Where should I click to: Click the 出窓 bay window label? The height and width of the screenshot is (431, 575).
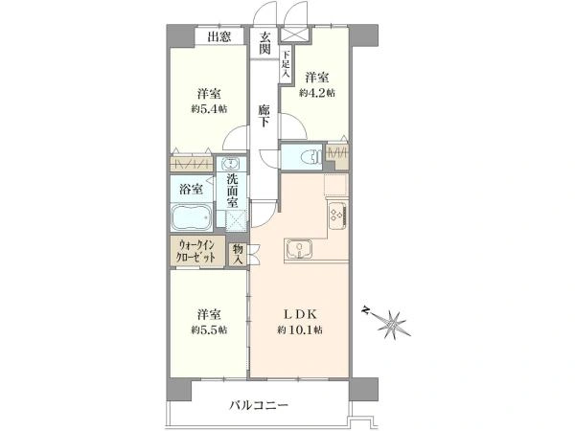pyautogui.click(x=218, y=36)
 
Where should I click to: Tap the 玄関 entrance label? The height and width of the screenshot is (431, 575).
pyautogui.click(x=264, y=43)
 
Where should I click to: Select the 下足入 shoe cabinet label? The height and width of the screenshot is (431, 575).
pyautogui.click(x=286, y=64)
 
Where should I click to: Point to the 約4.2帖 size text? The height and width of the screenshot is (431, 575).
pyautogui.click(x=317, y=93)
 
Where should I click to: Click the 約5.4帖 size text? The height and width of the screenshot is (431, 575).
pyautogui.click(x=209, y=109)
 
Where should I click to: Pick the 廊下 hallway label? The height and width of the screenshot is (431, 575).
pyautogui.click(x=264, y=116)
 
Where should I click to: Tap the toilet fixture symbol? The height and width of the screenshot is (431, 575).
pyautogui.click(x=310, y=157)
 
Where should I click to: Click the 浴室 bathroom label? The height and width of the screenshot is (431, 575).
pyautogui.click(x=191, y=189)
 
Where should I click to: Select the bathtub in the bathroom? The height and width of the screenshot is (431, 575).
pyautogui.click(x=192, y=217)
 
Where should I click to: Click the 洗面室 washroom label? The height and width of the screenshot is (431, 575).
pyautogui.click(x=232, y=191)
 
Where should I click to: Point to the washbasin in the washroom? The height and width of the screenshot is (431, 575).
pyautogui.click(x=231, y=164)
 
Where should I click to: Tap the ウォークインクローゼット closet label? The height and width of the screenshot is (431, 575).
pyautogui.click(x=196, y=251)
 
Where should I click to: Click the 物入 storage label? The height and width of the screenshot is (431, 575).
pyautogui.click(x=238, y=255)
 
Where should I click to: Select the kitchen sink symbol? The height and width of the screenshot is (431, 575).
pyautogui.click(x=299, y=249)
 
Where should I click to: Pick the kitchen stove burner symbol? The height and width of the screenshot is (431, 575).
pyautogui.click(x=337, y=215)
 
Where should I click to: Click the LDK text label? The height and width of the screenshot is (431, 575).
pyautogui.click(x=300, y=314)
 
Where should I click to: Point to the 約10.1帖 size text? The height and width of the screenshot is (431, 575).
pyautogui.click(x=300, y=330)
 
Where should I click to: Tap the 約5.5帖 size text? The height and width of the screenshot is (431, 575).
pyautogui.click(x=209, y=329)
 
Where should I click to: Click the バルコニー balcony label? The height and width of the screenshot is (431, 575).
pyautogui.click(x=259, y=406)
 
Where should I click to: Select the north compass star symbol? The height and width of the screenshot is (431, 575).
pyautogui.click(x=392, y=324)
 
